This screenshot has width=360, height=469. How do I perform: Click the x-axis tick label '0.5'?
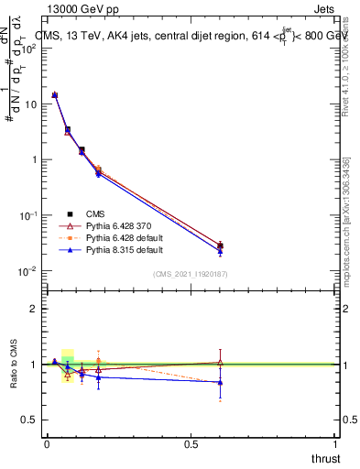[x=191, y=444]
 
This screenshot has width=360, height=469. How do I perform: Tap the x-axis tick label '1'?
[x=335, y=444]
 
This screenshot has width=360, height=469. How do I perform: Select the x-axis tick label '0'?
[x=47, y=444]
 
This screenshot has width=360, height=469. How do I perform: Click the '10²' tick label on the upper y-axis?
[x=28, y=49]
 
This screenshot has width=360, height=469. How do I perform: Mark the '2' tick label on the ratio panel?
[x=34, y=309]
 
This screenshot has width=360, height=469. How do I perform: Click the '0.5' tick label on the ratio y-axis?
[x=29, y=420]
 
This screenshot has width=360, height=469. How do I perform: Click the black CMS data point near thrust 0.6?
[x=220, y=245]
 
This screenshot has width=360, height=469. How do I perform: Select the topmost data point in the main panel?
[x=55, y=94]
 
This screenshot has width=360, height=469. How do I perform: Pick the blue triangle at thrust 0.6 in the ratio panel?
[x=220, y=382]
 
